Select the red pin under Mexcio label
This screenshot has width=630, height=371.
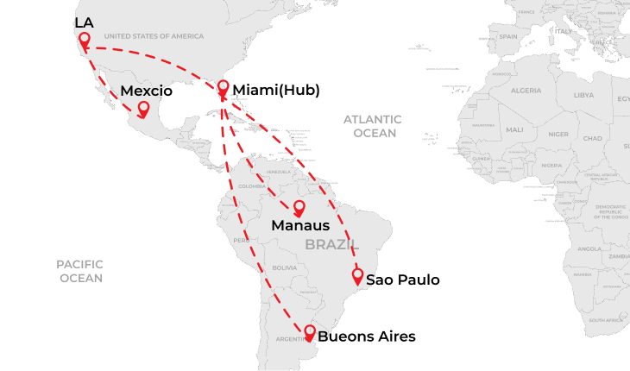(x=143, y=110)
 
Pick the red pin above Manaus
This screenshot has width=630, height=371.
(x=299, y=209)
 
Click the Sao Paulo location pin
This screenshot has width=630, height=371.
(x=357, y=276)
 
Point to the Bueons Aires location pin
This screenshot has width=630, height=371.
(x=310, y=331)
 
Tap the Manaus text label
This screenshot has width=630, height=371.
(x=300, y=226)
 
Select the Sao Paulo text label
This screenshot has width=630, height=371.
(x=403, y=280)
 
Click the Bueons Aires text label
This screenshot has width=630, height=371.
(x=367, y=336)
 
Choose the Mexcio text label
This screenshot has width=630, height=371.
(x=147, y=91)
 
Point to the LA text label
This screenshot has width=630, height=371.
(x=84, y=22)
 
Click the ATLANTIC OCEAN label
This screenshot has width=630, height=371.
(x=372, y=126)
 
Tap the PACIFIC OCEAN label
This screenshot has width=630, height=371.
(x=80, y=271)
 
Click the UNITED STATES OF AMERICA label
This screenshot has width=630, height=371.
(x=154, y=36)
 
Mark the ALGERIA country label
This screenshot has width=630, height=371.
(x=526, y=90)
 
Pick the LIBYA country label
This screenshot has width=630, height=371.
(x=584, y=95)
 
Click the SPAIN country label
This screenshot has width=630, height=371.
(x=508, y=36)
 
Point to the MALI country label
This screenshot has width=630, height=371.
(x=514, y=129)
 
